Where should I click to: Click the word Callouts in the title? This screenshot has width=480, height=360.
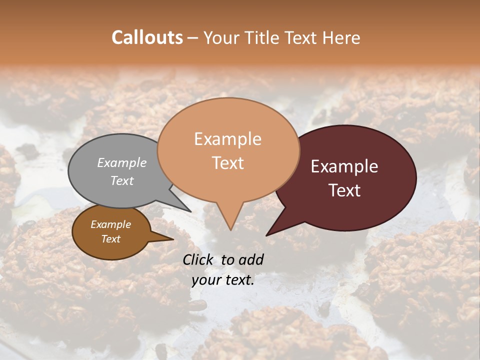[147, 37]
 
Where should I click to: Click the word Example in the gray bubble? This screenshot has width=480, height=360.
[122, 163]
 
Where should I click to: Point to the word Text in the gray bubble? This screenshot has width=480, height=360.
[122, 180]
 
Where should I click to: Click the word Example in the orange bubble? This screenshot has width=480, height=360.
[227, 139]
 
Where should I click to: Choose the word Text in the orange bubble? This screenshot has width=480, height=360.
[227, 163]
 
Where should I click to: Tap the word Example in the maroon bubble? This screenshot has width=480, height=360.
[344, 166]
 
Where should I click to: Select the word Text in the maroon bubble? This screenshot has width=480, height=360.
[344, 190]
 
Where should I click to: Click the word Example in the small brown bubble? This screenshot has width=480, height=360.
[110, 224]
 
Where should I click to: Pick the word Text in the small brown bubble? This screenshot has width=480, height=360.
[110, 239]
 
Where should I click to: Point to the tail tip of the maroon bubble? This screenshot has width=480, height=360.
[267, 235]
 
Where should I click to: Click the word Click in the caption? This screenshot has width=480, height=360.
[198, 259]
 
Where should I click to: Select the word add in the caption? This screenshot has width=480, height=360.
[251, 259]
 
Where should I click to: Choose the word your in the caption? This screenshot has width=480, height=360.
[206, 280]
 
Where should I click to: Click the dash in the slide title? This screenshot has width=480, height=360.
[193, 38]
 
